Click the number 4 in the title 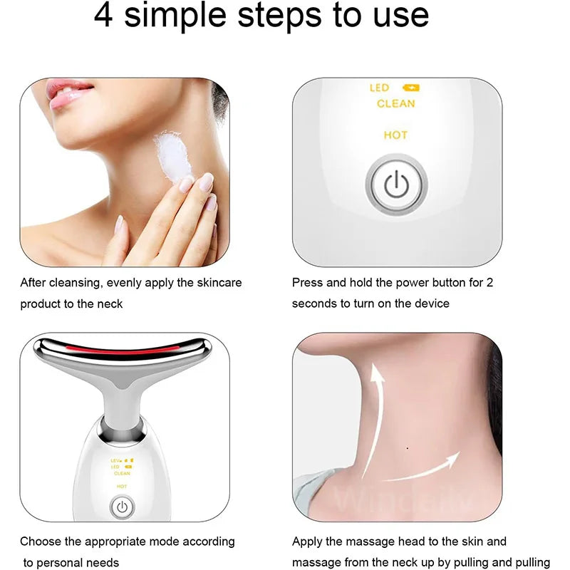click(104, 16)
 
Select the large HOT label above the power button click(395, 135)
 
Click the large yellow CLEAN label click(395, 104)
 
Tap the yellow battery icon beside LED click(411, 88)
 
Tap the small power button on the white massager click(123, 507)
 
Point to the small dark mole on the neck click(406, 448)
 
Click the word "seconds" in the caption click(313, 304)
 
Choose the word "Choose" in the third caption click(39, 542)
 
